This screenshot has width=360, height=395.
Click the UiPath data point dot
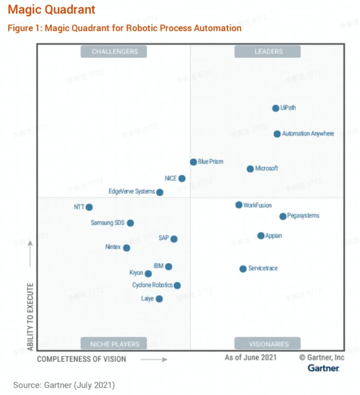(275, 108)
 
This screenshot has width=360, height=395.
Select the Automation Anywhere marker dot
(277, 134)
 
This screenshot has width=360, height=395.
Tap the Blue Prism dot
(193, 162)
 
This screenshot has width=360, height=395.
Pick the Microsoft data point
(250, 169)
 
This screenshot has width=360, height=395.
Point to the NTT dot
(89, 207)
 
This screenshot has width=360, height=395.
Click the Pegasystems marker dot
(283, 216)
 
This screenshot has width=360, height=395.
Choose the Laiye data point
(159, 299)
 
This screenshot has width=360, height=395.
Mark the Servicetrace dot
(243, 269)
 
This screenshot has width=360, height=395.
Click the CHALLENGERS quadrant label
(114, 52)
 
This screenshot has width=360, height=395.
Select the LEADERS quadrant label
(268, 52)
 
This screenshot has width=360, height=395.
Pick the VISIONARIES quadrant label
(268, 344)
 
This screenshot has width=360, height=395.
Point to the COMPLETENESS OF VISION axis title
(82, 359)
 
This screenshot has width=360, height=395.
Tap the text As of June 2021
(250, 357)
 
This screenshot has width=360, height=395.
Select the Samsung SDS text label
(107, 223)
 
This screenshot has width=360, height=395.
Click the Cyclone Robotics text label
(152, 285)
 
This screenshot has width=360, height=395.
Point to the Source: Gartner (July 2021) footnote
(64, 384)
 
